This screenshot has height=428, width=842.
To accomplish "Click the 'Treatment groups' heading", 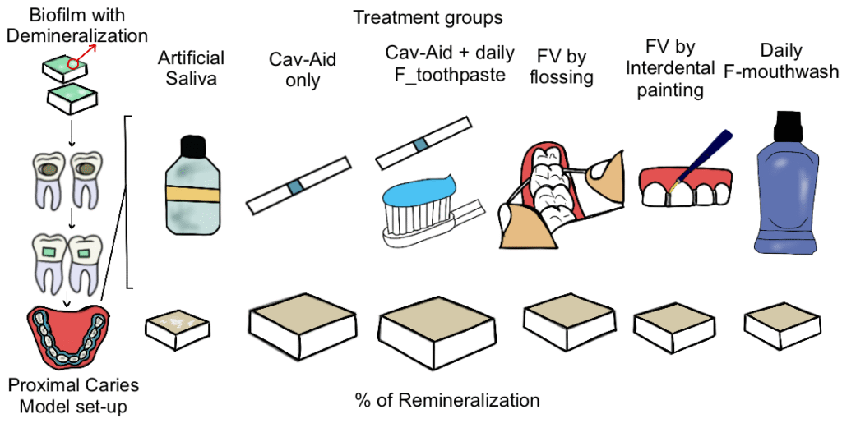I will (428, 16).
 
